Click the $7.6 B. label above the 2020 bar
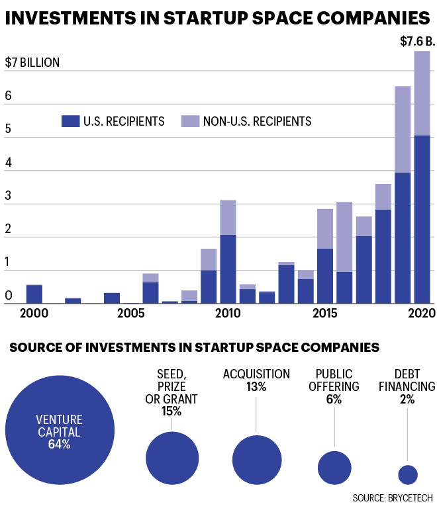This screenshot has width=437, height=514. pyautogui.click(x=417, y=42)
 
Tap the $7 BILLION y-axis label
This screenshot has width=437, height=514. pyautogui.click(x=32, y=63)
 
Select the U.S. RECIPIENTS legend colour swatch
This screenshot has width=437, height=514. pyautogui.click(x=70, y=121)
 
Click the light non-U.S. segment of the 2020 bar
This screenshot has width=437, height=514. pyautogui.click(x=422, y=93)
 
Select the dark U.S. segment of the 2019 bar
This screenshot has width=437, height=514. pyautogui.click(x=403, y=237)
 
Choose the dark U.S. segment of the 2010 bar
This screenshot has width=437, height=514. pyautogui.click(x=228, y=269)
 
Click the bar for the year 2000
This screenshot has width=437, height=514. pyautogui.click(x=34, y=294)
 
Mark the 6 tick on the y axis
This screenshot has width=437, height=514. pyautogui.click(x=9, y=97)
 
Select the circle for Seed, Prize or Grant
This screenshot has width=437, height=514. pyautogui.click(x=172, y=458)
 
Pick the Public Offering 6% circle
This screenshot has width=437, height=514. pyautogui.click(x=334, y=467)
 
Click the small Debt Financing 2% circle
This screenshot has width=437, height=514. pyautogui.click(x=407, y=474)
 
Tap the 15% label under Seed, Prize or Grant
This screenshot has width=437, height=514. pyautogui.click(x=171, y=411)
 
